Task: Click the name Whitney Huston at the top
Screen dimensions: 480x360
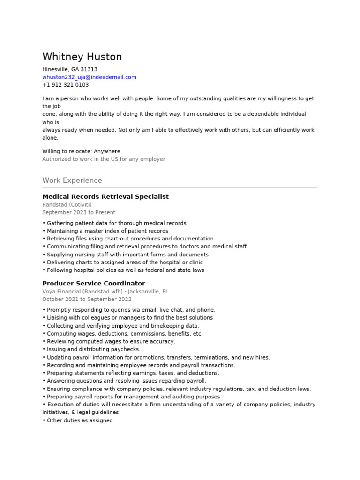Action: point(82,57)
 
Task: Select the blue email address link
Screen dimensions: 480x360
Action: point(89,77)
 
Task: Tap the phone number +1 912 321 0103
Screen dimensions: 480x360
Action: point(65,85)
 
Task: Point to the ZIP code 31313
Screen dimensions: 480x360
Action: point(89,69)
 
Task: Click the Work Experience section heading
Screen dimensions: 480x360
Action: point(72,180)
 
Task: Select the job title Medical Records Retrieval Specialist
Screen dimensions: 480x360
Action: point(105,197)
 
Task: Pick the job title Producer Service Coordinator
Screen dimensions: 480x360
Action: point(94,284)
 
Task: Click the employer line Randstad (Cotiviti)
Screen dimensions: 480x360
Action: point(67,205)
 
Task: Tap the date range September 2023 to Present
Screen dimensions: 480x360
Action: point(79,213)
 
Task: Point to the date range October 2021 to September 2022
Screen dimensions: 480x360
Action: point(87,300)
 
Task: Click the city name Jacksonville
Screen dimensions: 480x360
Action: point(144,292)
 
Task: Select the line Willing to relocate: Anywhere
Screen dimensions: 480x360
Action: point(81,151)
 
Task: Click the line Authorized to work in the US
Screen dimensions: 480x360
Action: point(104,159)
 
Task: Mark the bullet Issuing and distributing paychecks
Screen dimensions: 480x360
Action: point(93,349)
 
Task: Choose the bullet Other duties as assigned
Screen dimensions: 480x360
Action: point(80,420)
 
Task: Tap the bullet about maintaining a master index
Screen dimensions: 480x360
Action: point(107,231)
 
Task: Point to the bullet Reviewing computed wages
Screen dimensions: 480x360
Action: point(111,341)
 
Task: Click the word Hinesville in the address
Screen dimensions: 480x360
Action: point(55,69)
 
